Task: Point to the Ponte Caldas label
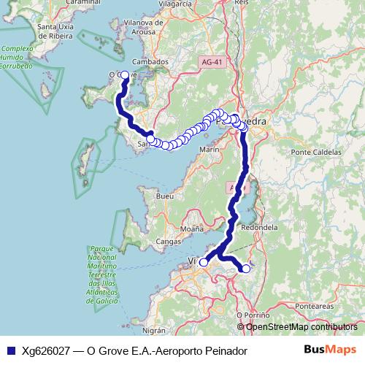click(x=316, y=152)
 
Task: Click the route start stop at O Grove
click(x=124, y=74)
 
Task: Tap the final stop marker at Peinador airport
click(x=246, y=269)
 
